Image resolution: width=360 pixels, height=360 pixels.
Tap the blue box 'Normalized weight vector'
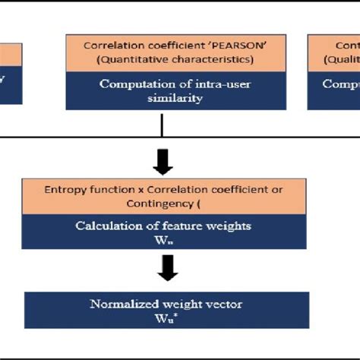pyautogui.click(x=166, y=310)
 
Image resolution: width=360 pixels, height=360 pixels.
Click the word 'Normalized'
pyautogui.click(x=122, y=304)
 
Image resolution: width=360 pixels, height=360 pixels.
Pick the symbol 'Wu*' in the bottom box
pyautogui.click(x=166, y=317)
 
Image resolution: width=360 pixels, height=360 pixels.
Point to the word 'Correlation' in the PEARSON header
pyautogui.click(x=109, y=45)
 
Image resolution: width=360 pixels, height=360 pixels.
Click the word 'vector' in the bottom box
pyautogui.click(x=224, y=304)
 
